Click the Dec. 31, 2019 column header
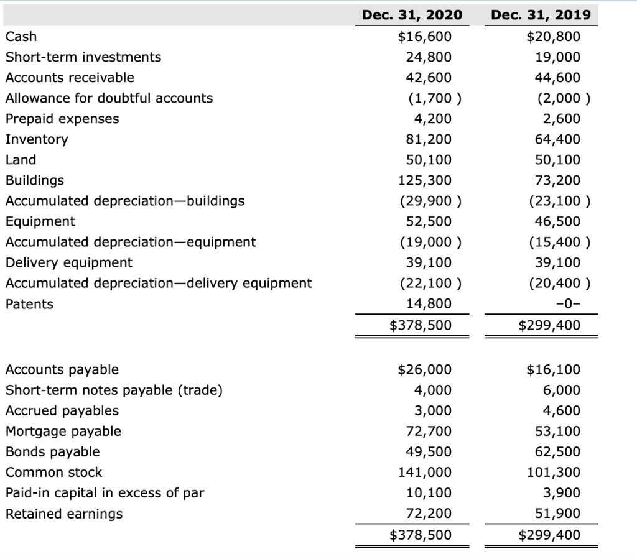[x=541, y=15]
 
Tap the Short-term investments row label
[x=83, y=57]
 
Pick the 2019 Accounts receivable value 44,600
[x=557, y=78]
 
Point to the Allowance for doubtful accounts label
[x=109, y=98]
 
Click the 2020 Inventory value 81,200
[x=429, y=139]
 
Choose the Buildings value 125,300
[x=425, y=180]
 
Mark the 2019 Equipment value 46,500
[x=557, y=221]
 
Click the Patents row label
[x=29, y=304]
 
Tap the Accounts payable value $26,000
[x=425, y=370]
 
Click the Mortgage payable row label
[x=63, y=432]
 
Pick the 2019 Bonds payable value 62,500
[x=557, y=452]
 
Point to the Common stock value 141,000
[x=425, y=473]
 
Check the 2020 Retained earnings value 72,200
[x=429, y=514]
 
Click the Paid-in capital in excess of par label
[x=105, y=493]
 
